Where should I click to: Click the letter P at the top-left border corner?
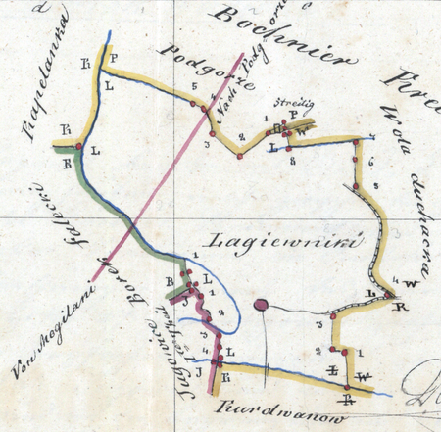tap(114, 59)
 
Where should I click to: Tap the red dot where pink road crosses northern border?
tap(206, 109)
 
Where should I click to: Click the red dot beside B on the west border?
tap(78, 147)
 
